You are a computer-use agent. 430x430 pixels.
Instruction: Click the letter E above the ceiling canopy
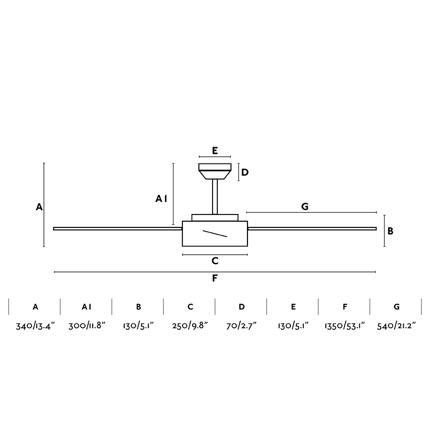(215, 150)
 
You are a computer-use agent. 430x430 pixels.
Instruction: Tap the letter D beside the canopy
(245, 172)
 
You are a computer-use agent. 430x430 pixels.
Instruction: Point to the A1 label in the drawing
(161, 199)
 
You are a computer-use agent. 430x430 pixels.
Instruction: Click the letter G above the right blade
(305, 206)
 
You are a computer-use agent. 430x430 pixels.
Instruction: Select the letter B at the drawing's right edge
(390, 231)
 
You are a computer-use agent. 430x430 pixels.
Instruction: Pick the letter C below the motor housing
(215, 261)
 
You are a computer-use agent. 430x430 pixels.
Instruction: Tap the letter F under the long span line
(215, 279)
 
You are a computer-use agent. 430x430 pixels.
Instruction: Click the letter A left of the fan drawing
(39, 207)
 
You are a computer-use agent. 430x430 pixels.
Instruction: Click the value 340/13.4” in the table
(35, 326)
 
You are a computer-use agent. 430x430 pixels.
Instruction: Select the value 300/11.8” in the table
(87, 326)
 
